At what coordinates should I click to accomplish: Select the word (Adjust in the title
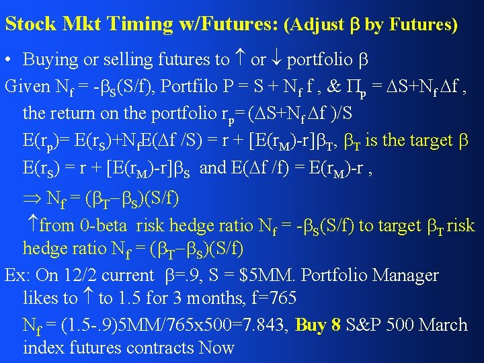click(314, 25)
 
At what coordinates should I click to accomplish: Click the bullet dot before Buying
click(9, 60)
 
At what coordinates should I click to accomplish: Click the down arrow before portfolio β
click(276, 60)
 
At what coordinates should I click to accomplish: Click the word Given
click(27, 86)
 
